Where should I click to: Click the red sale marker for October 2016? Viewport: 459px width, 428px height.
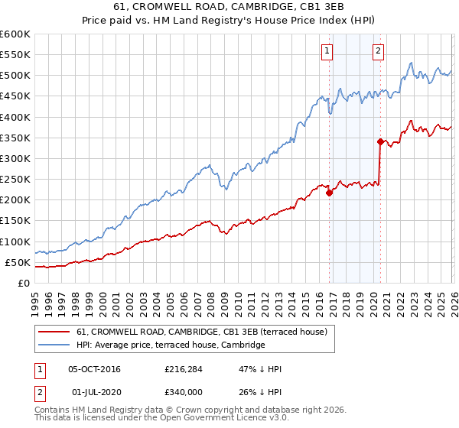click(x=330, y=193)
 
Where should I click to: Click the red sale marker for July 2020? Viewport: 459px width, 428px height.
click(x=380, y=141)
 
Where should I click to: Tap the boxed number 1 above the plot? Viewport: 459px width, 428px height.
click(x=327, y=51)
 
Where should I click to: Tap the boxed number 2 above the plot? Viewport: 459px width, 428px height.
click(x=378, y=51)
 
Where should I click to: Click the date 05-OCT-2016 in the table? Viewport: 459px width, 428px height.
click(x=94, y=369)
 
